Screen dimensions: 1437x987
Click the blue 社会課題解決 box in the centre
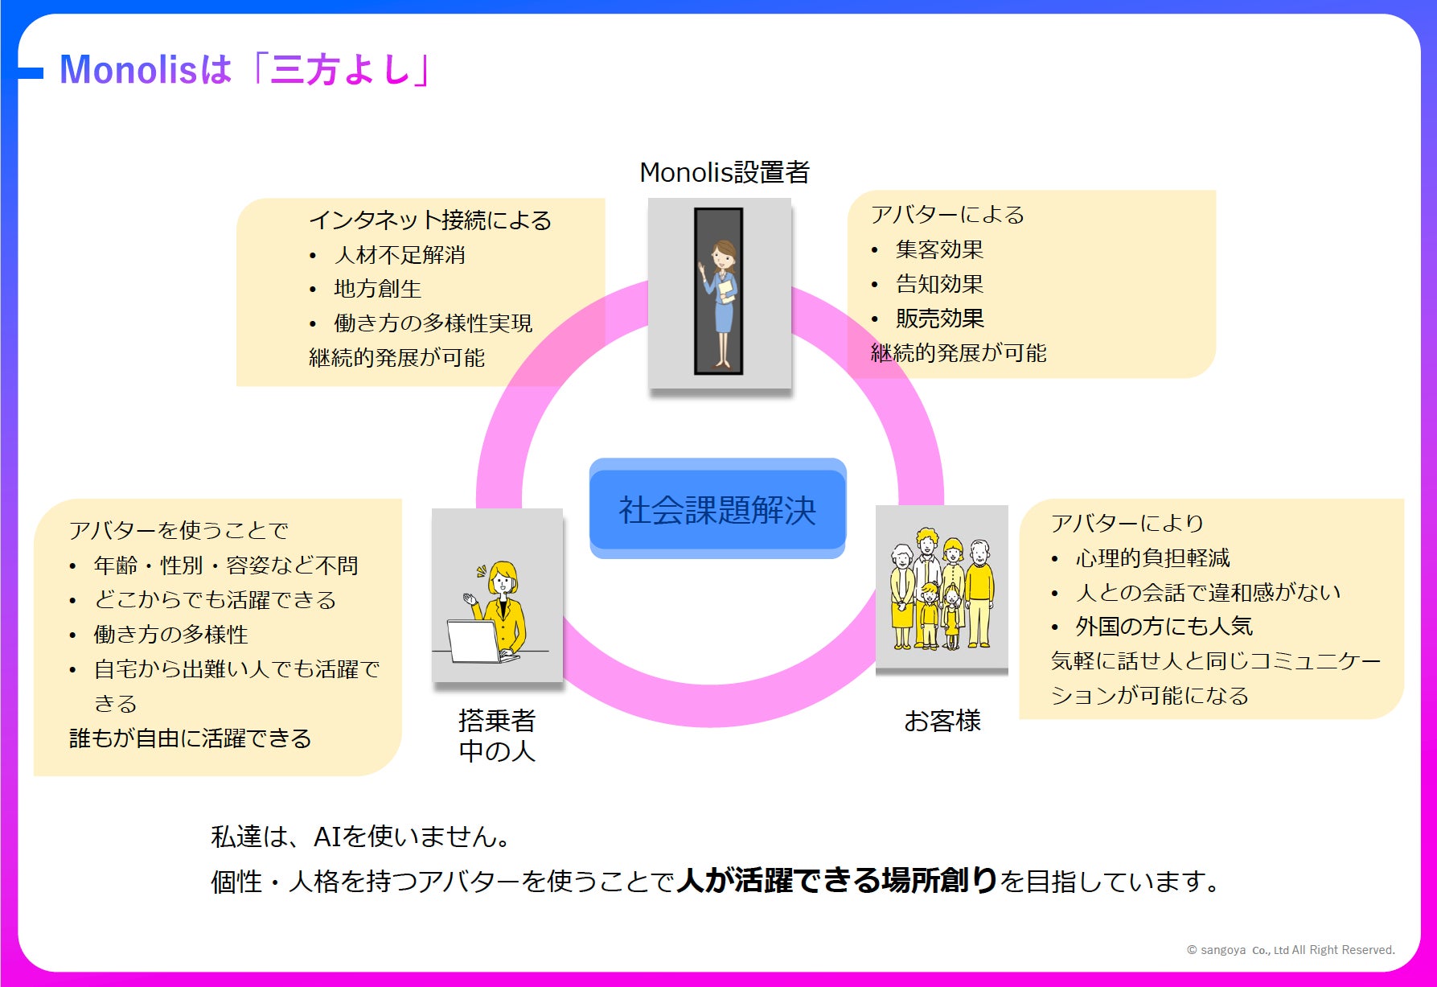tap(717, 509)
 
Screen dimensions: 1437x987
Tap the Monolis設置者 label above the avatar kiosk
tap(724, 172)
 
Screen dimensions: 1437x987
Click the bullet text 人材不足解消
tap(400, 255)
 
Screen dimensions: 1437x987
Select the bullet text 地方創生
tap(377, 289)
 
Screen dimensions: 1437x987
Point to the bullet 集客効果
tap(939, 249)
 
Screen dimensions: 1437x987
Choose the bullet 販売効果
tap(939, 319)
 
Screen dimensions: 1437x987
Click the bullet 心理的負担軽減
tap(1152, 557)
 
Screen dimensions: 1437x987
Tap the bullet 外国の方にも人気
tap(1164, 626)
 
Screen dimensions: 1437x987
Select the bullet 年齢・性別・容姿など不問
tap(226, 565)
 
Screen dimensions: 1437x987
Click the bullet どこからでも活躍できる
tap(215, 600)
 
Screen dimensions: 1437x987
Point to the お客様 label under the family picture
tap(942, 721)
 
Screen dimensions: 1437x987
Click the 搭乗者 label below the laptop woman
tap(497, 721)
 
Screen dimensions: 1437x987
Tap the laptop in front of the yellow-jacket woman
tap(476, 642)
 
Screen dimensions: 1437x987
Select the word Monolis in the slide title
tap(127, 69)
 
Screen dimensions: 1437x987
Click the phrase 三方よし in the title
tap(342, 69)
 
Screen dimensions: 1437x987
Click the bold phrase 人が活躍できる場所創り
tap(836, 881)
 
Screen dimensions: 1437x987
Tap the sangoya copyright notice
tap(1291, 950)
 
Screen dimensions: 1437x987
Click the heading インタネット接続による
tap(430, 220)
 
